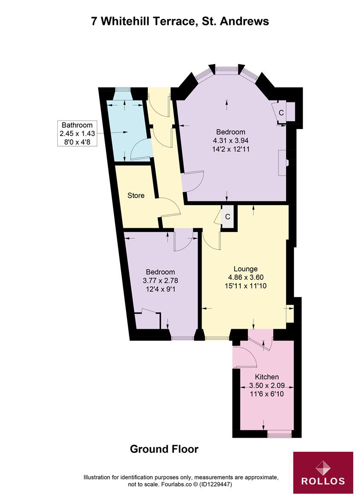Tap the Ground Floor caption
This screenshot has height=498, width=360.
point(164,449)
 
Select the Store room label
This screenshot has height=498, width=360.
point(136,196)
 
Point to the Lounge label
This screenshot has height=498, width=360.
point(245,269)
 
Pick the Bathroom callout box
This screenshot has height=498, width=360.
point(77,133)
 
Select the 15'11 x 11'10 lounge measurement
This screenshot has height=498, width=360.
point(245,286)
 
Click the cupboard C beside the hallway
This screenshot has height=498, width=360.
point(228,216)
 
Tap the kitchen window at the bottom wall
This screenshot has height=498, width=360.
point(279,433)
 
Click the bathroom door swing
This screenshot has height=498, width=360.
point(141,150)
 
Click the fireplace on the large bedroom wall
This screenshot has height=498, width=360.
point(283,162)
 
